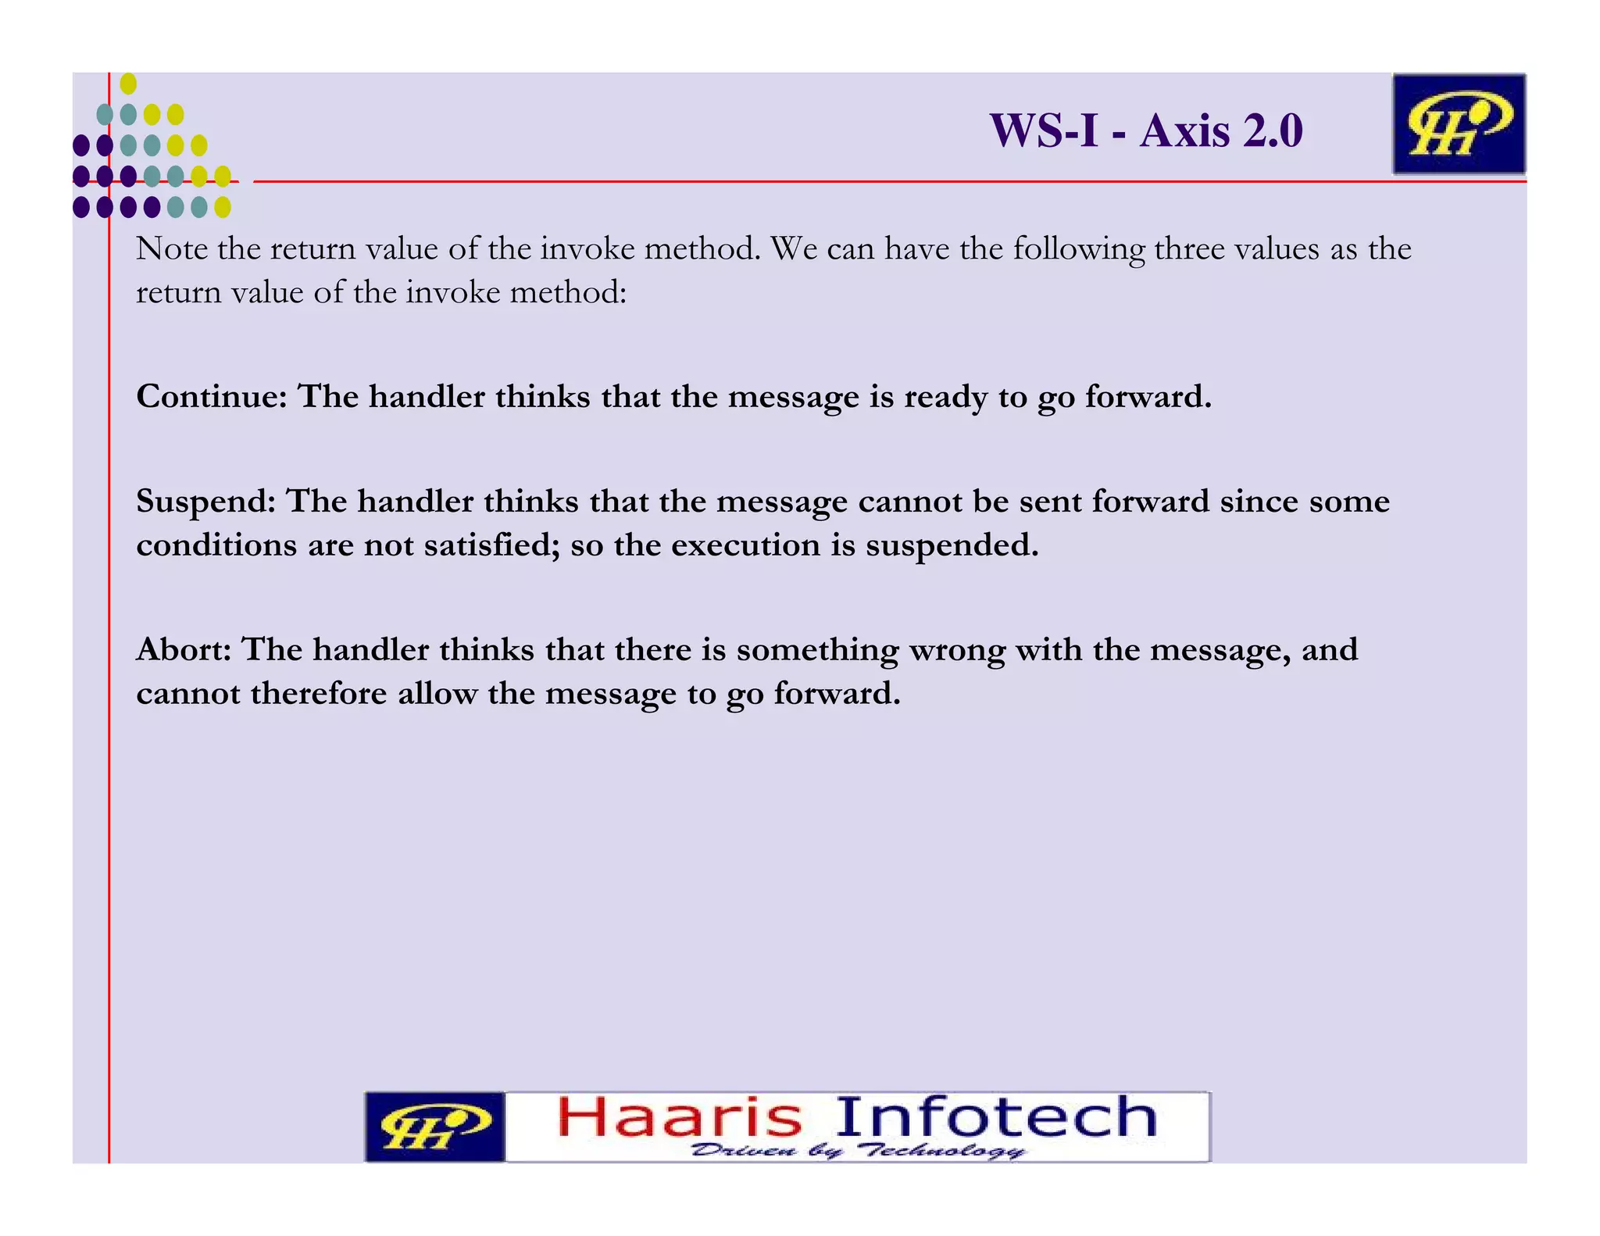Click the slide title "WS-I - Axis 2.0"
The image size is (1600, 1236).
click(x=1146, y=130)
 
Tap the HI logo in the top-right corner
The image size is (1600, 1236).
click(x=1458, y=124)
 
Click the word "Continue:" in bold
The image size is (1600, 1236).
click(x=212, y=396)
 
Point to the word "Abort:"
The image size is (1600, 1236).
click(x=184, y=649)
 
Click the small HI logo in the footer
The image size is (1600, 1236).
click(x=435, y=1127)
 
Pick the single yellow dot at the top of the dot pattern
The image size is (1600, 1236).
click(x=129, y=84)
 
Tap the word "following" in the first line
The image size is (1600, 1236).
click(x=1079, y=250)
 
